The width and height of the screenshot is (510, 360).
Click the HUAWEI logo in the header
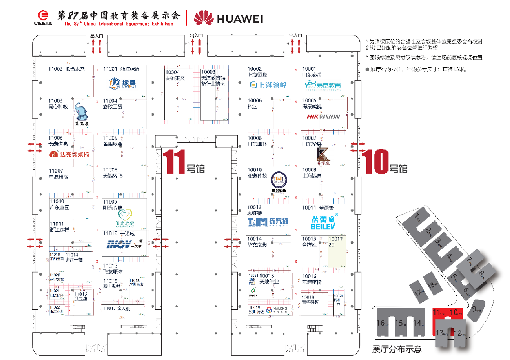[228, 18]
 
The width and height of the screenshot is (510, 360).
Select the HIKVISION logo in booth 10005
[324, 116]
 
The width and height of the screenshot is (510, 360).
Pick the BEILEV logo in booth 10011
[322, 222]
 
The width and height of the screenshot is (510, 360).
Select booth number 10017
[336, 239]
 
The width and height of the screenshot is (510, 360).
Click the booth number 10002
[254, 69]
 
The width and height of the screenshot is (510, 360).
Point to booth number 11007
[56, 171]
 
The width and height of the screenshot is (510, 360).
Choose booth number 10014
[254, 239]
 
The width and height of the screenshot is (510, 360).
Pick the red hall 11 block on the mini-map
[439, 313]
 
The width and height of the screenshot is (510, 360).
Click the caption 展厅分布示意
[397, 349]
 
